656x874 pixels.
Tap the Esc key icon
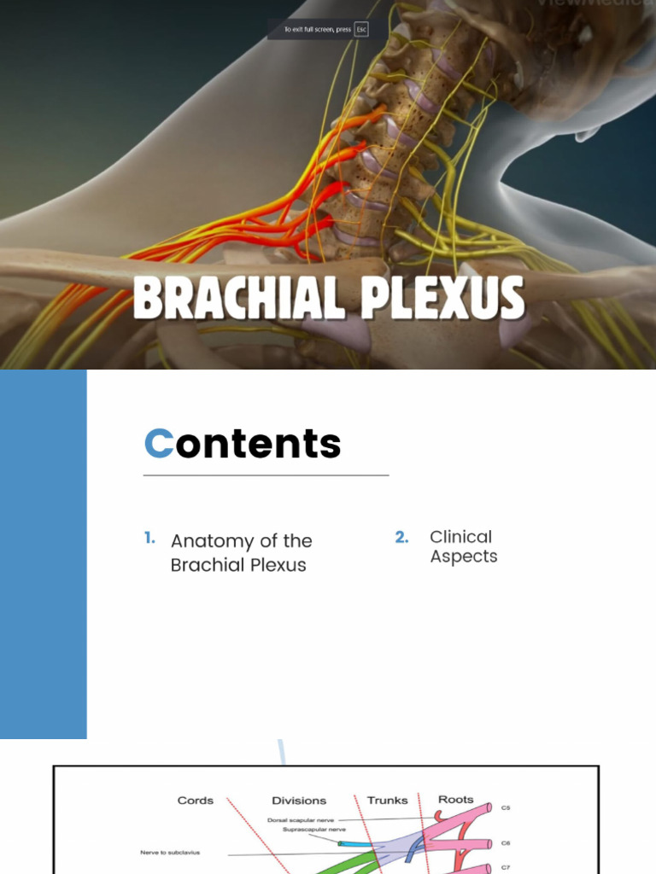(361, 30)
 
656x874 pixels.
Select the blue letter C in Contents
(159, 444)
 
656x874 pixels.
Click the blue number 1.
(149, 539)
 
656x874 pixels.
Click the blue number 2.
(401, 537)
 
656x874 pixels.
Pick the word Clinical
(460, 537)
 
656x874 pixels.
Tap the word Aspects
(463, 556)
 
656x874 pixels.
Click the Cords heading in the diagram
(196, 801)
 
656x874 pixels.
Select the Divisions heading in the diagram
(299, 801)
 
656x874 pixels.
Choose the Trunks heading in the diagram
(387, 801)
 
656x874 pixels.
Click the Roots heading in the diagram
(455, 800)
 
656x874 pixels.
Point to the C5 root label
(506, 807)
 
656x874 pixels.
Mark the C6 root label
(506, 843)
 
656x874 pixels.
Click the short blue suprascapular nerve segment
(354, 844)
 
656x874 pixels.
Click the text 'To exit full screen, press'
(318, 30)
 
